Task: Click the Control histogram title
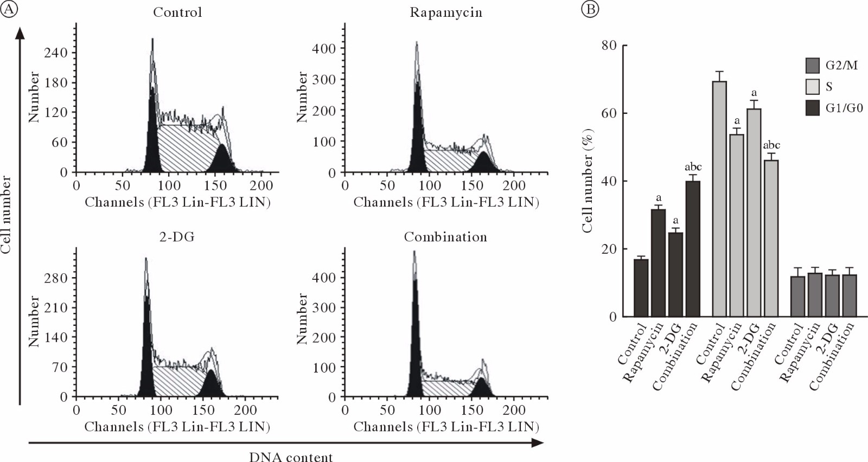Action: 177,12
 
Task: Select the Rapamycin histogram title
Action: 445,12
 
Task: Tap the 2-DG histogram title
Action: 177,237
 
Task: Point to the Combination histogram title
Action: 445,237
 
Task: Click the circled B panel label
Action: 590,9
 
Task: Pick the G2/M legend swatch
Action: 812,66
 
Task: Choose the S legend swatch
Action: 812,87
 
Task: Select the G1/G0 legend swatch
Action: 812,108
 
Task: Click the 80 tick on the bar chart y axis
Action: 609,46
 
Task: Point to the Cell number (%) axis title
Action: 587,181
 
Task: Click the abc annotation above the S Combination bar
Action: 771,145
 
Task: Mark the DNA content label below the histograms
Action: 291,457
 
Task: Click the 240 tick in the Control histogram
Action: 56,53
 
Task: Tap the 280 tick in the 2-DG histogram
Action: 56,278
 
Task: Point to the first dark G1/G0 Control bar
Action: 641,288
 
